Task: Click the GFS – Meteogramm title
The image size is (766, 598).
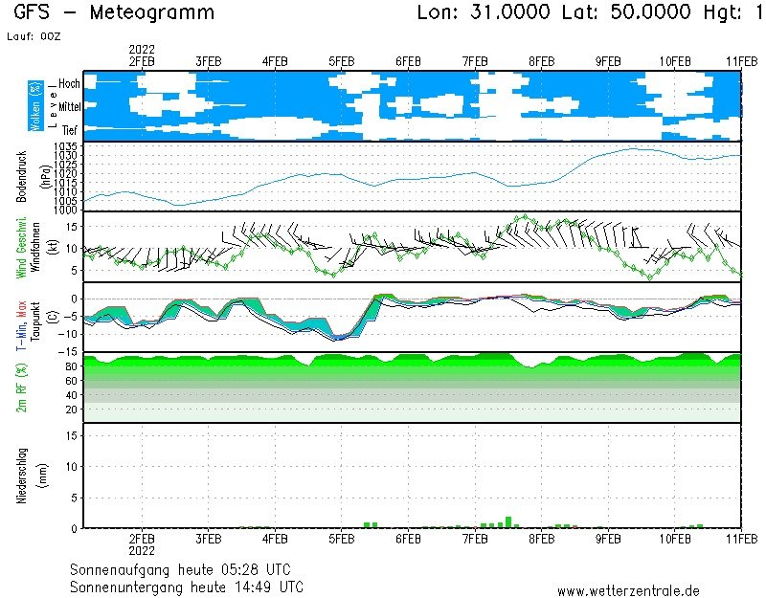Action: pos(114,13)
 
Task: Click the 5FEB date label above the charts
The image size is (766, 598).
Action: pos(342,59)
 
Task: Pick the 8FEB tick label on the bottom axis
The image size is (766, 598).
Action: pos(542,538)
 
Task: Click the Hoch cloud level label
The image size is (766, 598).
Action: pos(69,84)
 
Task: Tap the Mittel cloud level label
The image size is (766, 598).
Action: pos(69,108)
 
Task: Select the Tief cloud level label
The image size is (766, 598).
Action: pos(70,129)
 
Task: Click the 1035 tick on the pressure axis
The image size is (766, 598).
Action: pos(66,144)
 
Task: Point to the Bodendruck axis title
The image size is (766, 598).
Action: pos(21,175)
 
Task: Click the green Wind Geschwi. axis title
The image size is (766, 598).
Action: pos(21,246)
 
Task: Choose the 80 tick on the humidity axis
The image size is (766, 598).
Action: pos(71,365)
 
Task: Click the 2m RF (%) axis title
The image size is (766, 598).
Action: pos(21,388)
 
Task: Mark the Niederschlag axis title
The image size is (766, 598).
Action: pos(21,475)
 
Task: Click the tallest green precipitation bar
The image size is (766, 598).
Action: pos(508,521)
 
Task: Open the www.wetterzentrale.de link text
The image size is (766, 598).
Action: pos(628,590)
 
